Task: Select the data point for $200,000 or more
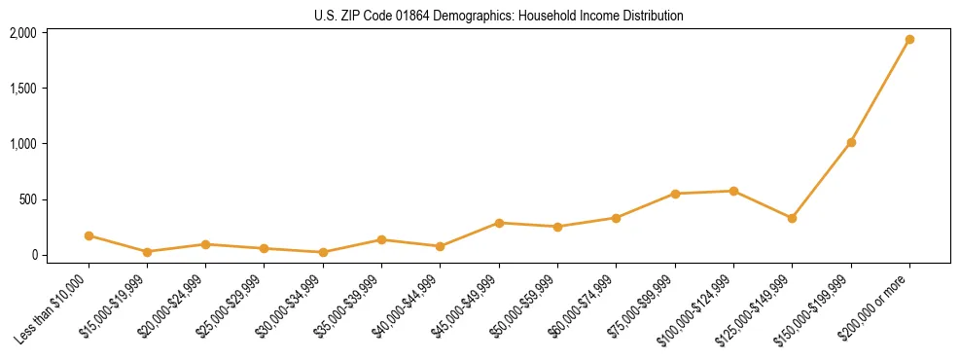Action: (x=909, y=40)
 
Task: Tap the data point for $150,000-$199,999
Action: (x=851, y=142)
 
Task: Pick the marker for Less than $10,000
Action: (x=89, y=235)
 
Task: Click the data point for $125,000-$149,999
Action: (x=792, y=218)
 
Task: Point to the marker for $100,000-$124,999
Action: (x=733, y=191)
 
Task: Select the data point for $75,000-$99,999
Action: (x=675, y=194)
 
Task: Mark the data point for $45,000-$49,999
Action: (x=499, y=223)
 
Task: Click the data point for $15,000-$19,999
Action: (x=147, y=252)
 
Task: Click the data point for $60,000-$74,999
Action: (x=616, y=218)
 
